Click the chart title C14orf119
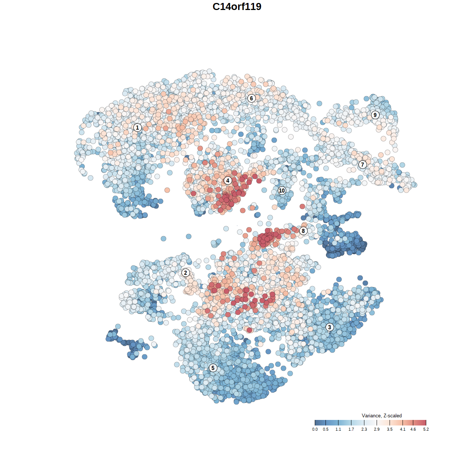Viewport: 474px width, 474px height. pos(237,7)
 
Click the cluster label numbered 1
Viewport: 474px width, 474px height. pos(137,128)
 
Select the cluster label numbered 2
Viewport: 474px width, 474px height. pos(186,273)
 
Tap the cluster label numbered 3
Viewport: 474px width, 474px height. pos(330,327)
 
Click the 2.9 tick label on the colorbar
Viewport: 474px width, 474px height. pos(377,429)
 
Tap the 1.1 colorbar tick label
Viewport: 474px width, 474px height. pos(338,429)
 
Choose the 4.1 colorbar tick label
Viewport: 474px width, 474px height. pos(403,429)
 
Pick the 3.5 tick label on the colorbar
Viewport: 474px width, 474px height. pos(390,429)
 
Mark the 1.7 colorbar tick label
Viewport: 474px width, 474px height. pos(351,429)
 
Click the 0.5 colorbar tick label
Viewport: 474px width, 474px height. pos(326,429)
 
